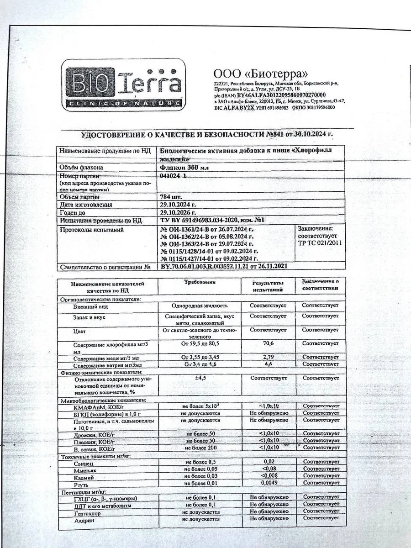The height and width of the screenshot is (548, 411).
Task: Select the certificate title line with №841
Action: (x=207, y=135)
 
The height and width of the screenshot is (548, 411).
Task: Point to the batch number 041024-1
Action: (x=173, y=176)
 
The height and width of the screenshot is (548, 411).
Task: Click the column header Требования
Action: (x=200, y=283)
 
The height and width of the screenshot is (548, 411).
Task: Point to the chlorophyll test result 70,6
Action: (x=268, y=343)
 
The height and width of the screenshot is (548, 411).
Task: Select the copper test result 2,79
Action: (x=268, y=356)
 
